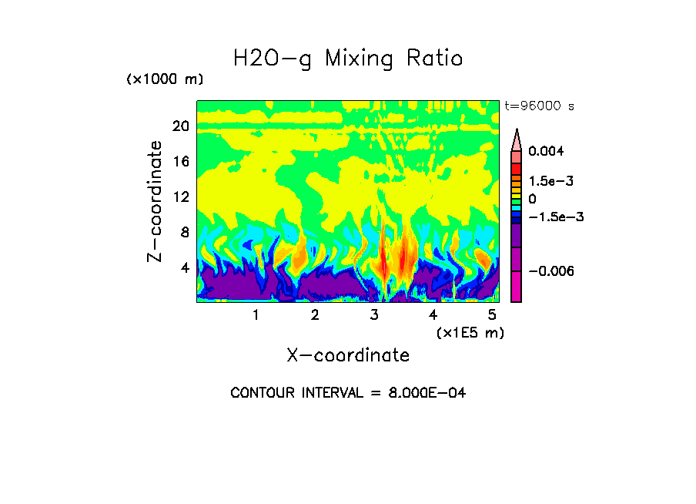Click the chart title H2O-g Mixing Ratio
pos(348,59)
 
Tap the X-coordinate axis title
pos(348,355)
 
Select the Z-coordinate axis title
pos(156,201)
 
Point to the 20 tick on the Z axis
pos(180,126)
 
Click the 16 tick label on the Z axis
pos(180,162)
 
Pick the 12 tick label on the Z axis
pos(180,197)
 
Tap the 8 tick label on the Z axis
pos(184,232)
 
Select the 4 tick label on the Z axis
pos(184,267)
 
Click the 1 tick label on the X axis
pos(256,315)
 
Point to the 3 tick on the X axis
pos(374,315)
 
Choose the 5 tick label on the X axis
pos(493,315)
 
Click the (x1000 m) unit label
pos(165,80)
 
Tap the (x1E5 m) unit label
pos(470,332)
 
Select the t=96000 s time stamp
pos(539,106)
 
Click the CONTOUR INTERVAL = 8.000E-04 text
pos(348,393)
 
